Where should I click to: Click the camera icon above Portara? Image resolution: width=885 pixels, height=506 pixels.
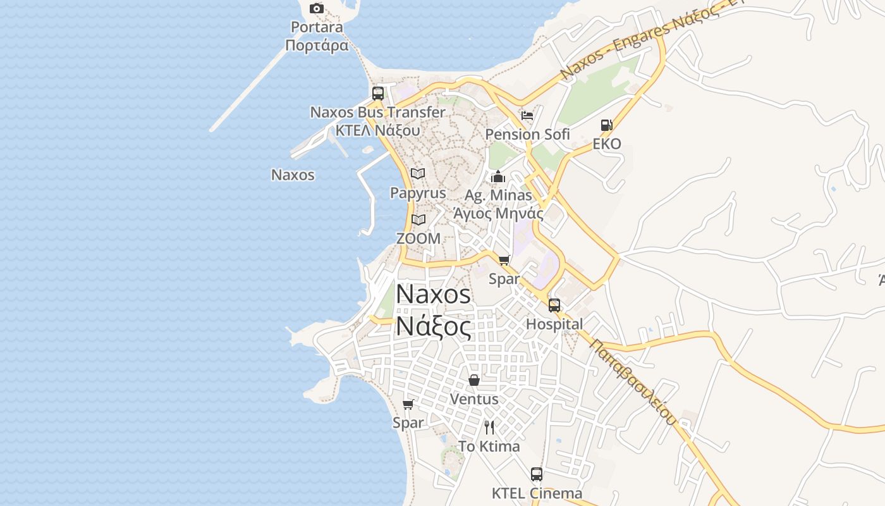(317, 9)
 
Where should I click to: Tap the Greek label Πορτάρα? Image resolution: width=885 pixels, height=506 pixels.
(317, 46)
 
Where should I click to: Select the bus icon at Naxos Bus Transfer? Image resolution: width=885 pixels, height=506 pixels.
(378, 94)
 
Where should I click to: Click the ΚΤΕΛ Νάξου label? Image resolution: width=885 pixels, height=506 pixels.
(377, 130)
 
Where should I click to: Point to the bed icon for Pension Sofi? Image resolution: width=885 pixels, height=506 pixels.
(527, 116)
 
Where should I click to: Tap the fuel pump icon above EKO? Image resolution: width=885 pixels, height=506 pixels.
(606, 125)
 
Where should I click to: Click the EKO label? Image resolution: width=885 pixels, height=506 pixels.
(607, 144)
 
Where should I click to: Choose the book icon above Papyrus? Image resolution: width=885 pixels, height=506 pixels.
(418, 173)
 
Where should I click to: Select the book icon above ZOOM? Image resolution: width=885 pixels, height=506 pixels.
(418, 219)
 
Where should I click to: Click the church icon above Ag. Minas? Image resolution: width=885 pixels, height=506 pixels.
(498, 176)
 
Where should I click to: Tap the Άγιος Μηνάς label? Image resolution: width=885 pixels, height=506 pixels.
(498, 213)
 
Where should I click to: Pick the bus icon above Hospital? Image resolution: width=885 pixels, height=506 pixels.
(554, 305)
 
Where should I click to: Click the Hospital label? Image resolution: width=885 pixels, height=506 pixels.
(554, 324)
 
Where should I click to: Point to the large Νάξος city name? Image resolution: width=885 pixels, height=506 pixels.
(434, 327)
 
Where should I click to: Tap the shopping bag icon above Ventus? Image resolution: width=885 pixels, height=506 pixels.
(473, 380)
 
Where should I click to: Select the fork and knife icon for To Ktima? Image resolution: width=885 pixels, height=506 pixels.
(489, 428)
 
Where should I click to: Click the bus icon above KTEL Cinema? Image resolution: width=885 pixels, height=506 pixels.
(537, 474)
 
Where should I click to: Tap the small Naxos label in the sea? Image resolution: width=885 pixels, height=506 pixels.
(293, 175)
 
